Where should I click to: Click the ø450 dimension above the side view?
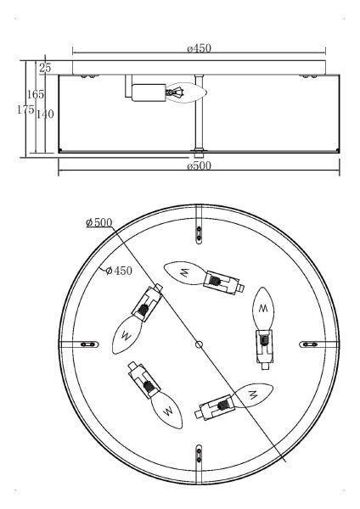coord(199,48)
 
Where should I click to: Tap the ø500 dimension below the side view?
coord(199,166)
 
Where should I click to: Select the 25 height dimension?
coord(45,68)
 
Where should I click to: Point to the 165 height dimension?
coord(35,94)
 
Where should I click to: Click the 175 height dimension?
coord(25,109)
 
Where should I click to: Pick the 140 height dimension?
coord(45,115)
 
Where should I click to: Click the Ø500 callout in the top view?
coord(99,222)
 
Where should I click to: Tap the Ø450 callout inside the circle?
coord(119,271)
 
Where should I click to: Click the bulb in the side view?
coord(187,92)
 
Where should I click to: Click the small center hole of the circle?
coord(200,344)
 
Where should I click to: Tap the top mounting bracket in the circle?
coord(200,233)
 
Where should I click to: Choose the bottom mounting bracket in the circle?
coord(199,454)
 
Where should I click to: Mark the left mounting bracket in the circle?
coord(88,344)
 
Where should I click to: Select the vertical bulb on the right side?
coord(263,309)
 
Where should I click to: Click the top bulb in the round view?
coord(184,272)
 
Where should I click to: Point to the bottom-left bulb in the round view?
coord(167,410)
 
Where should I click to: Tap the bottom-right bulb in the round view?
coord(253,395)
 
